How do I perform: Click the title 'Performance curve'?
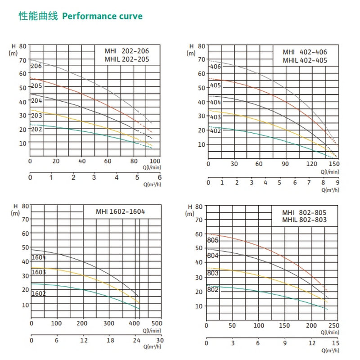pyautogui.click(x=102, y=16)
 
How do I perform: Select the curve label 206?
pyautogui.click(x=36, y=66)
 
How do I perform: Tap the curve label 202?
pyautogui.click(x=36, y=129)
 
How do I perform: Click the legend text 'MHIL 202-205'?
pyautogui.click(x=126, y=59)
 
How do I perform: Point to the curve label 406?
pyautogui.click(x=215, y=67)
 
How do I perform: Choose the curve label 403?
pyautogui.click(x=215, y=117)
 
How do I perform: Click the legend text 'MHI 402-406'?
pyautogui.click(x=305, y=52)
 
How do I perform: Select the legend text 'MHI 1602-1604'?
pyautogui.click(x=121, y=211)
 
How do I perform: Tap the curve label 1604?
pyautogui.click(x=39, y=257)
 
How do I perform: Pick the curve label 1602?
pyautogui.click(x=39, y=293)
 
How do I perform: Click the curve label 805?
pyautogui.click(x=213, y=240)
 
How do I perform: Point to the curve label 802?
pyautogui.click(x=213, y=289)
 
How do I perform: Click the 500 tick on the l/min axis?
pyautogui.click(x=156, y=323)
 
